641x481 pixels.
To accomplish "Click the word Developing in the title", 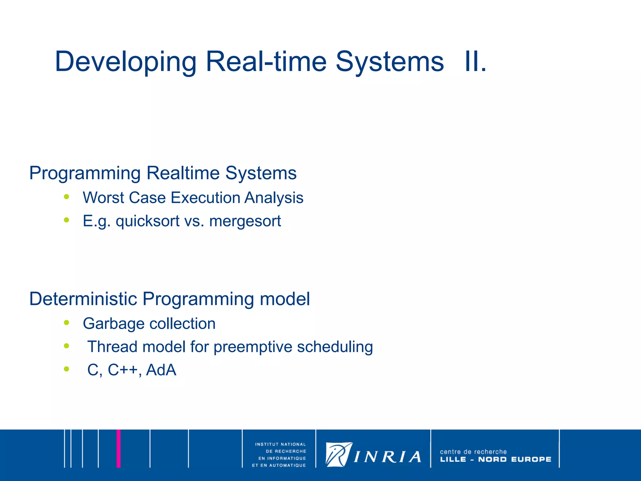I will coord(125,62).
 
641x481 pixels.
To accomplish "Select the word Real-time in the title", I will coord(266,61).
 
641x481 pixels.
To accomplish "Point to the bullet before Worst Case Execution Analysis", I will coord(66,197).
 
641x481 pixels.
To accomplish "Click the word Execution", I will coord(205,198).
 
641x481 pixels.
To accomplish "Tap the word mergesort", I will coord(245,221).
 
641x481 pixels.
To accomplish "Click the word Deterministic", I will coord(83,299).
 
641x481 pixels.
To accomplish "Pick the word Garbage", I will coord(107,324).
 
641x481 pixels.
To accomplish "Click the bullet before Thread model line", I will coord(66,346).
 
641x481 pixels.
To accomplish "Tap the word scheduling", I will coord(335,347).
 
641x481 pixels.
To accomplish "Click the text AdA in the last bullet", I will coord(161,370).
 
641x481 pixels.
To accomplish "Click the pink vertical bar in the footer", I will coord(119,448).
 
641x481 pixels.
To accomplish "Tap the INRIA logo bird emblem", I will coord(338,454).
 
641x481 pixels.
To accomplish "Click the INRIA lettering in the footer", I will coord(387,457).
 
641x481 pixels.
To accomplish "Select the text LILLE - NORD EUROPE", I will coord(495,459).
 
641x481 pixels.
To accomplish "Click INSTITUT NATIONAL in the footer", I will coord(280,444).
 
